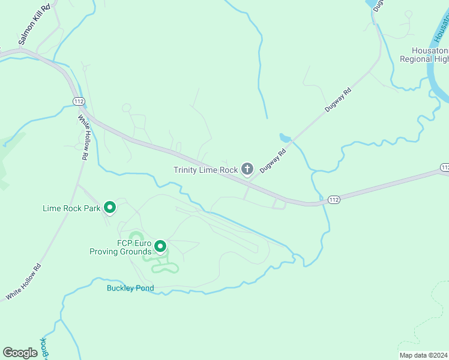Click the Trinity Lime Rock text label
click(x=206, y=170)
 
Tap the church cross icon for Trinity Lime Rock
click(x=247, y=169)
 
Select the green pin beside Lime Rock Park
click(x=110, y=208)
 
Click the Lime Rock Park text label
click(x=71, y=208)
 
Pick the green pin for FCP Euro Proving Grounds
click(x=160, y=246)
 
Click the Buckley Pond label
click(x=130, y=288)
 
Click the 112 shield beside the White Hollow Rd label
click(x=78, y=101)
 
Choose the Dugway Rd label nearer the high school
click(x=337, y=101)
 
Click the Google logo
click(x=20, y=352)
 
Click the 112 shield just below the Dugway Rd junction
click(x=334, y=199)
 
